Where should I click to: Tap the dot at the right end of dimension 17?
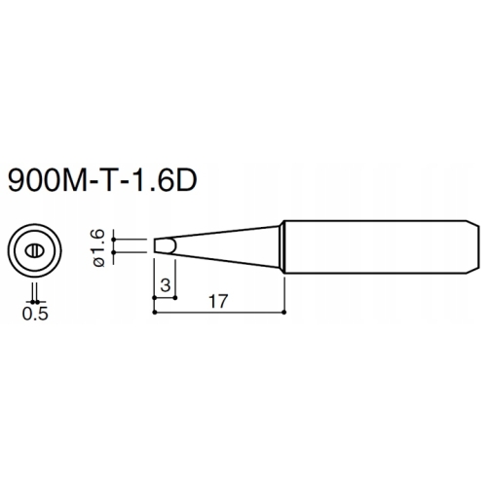pos(283,314)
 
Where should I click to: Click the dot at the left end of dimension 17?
pos(155,314)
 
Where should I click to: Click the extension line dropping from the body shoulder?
pos(283,292)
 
